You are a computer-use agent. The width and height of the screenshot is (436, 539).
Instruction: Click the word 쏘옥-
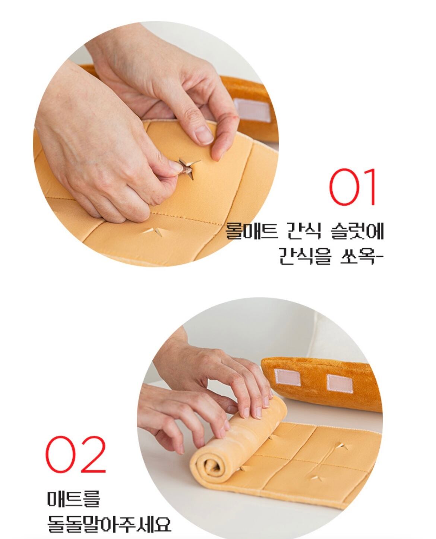(x=361, y=256)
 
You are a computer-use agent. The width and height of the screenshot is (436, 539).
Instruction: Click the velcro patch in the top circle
(x=252, y=110)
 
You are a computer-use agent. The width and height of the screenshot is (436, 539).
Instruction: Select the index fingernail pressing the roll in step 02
(x=259, y=412)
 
